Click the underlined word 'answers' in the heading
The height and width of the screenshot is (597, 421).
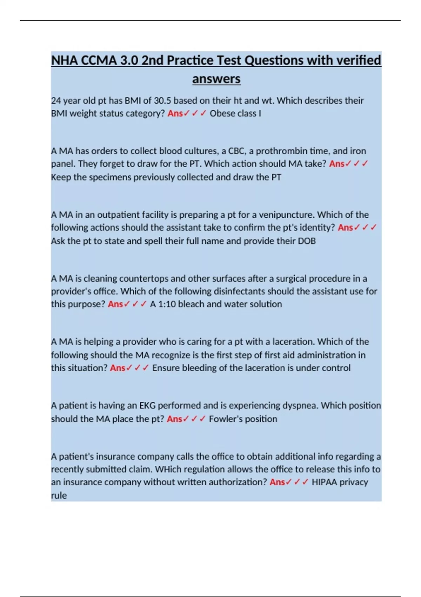[x=216, y=79]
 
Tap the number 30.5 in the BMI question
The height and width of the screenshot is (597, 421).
[x=162, y=101]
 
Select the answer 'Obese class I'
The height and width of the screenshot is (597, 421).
[x=235, y=113]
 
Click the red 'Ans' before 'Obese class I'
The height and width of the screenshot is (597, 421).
[x=175, y=113]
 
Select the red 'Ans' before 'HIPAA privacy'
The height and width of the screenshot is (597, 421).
[x=277, y=482]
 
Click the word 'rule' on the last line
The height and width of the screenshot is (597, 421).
[x=59, y=496]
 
